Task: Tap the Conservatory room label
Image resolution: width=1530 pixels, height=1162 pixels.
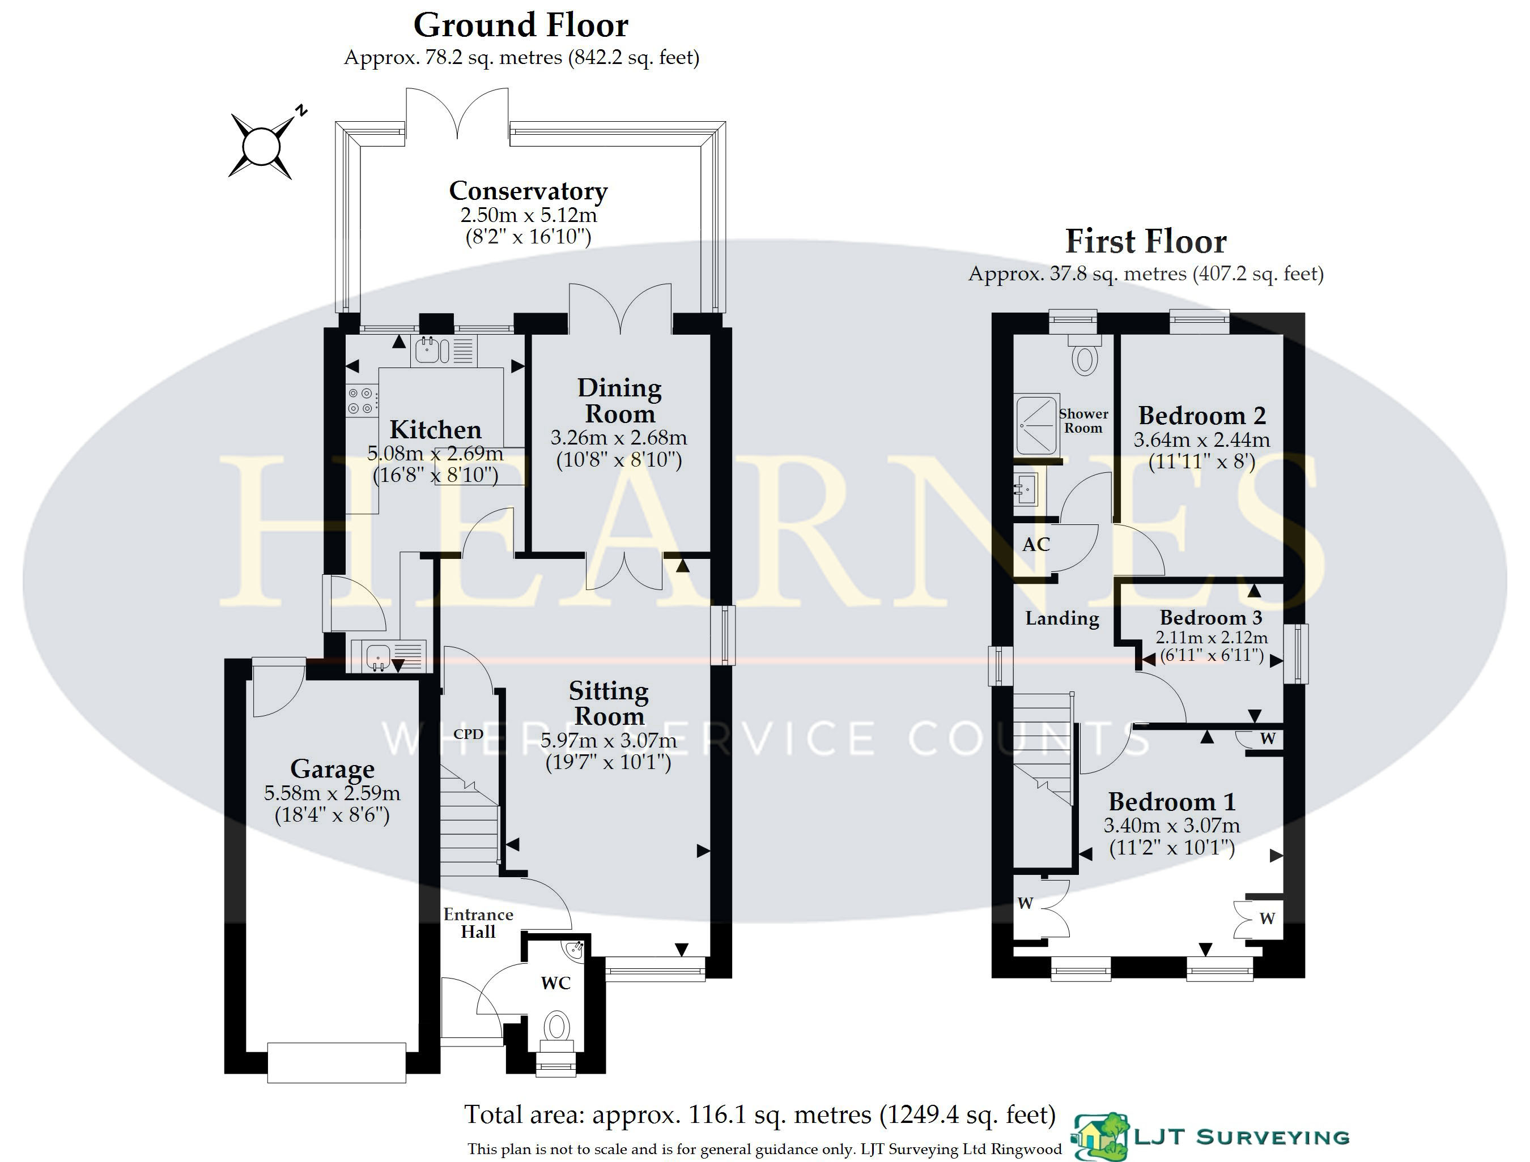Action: (x=528, y=190)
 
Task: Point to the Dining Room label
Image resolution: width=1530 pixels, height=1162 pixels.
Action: (x=619, y=400)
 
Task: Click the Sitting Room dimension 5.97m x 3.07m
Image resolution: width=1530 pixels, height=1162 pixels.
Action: (x=608, y=741)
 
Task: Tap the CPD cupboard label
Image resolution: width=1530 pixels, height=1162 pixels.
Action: (x=469, y=734)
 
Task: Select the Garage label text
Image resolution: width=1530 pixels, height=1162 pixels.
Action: (x=332, y=768)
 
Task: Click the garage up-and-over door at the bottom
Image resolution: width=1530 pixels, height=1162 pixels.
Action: (x=337, y=1062)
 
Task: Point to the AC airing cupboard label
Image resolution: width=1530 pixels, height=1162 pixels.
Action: (x=1036, y=545)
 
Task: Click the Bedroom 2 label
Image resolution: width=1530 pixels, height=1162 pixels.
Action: (x=1202, y=415)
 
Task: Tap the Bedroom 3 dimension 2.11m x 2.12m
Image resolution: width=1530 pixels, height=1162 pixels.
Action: (x=1212, y=637)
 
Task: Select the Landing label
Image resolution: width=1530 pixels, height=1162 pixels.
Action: (x=1062, y=618)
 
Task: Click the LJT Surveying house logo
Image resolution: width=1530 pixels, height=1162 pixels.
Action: (x=1100, y=1137)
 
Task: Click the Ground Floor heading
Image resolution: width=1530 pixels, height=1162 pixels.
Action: (x=521, y=25)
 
